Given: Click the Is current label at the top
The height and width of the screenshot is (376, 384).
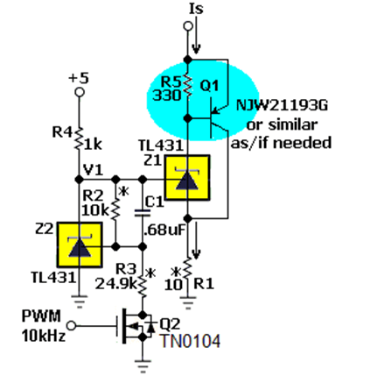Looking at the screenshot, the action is (x=196, y=8).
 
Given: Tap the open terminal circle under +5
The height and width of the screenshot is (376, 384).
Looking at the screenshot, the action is (x=80, y=92).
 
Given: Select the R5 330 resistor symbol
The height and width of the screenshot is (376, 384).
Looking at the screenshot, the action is (x=188, y=85).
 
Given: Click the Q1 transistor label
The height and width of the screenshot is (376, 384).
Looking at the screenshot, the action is (x=209, y=86).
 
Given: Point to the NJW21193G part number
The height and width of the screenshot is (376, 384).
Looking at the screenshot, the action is (x=282, y=105).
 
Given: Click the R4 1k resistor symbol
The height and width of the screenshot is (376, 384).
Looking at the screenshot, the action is (x=79, y=138).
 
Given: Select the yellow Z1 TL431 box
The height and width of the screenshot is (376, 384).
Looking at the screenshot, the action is (x=187, y=177).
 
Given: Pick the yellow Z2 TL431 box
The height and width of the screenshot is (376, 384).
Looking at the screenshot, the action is (x=80, y=245).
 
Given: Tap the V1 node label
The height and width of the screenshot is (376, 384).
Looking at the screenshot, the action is (x=93, y=169).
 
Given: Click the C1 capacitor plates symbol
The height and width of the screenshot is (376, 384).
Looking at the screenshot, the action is (x=143, y=213).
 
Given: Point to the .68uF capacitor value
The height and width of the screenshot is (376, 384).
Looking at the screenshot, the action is (x=164, y=230).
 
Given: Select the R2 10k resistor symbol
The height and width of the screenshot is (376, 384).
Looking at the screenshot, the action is (x=115, y=209).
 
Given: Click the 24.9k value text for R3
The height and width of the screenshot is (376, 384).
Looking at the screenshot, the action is (x=115, y=283).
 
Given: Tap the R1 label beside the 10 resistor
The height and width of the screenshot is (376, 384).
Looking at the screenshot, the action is (x=204, y=283).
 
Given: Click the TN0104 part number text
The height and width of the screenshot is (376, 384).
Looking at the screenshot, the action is (x=191, y=341).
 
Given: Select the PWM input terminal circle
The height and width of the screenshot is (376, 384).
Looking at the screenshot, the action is (x=72, y=325).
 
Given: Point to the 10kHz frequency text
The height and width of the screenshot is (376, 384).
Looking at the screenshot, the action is (x=44, y=336).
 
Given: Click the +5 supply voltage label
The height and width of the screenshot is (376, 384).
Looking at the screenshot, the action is (x=79, y=78).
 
